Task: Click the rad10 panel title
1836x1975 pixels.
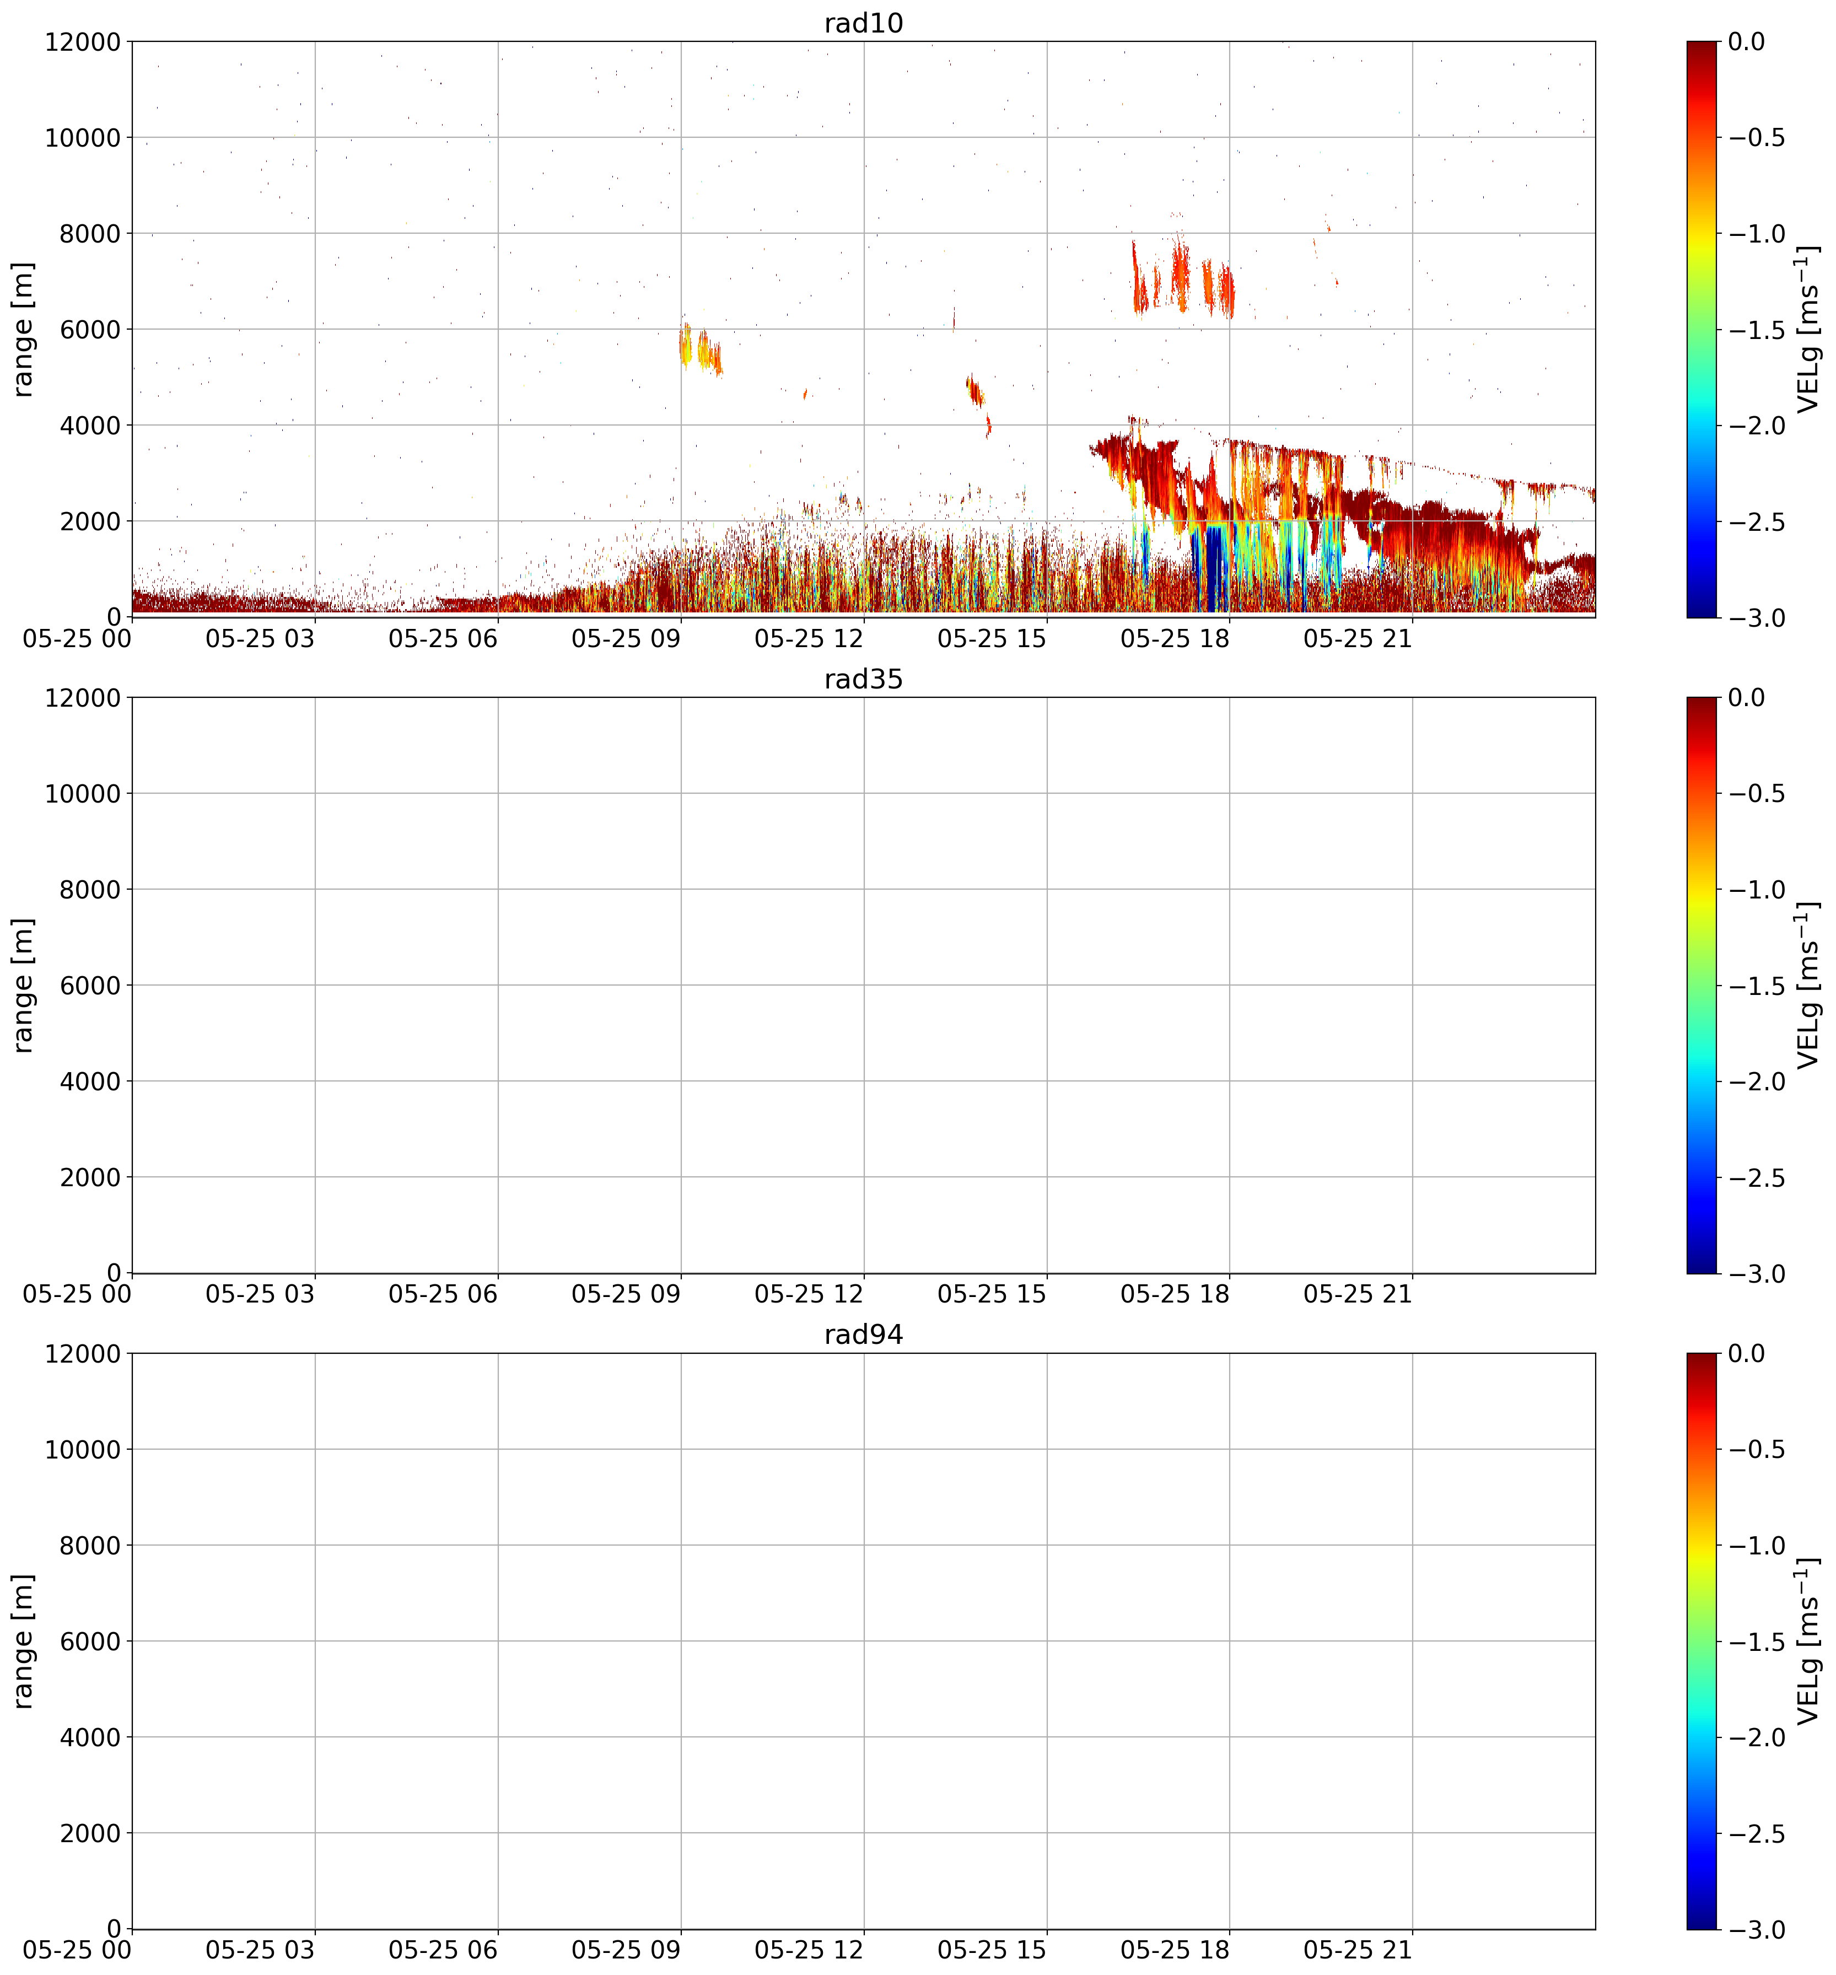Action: click(863, 23)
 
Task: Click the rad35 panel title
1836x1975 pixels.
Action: click(863, 680)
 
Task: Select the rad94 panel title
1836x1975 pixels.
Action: click(863, 1335)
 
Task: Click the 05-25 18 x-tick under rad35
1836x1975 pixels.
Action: click(1175, 1294)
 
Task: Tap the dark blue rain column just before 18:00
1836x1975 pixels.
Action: click(1205, 568)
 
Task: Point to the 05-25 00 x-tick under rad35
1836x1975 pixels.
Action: click(78, 1294)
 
